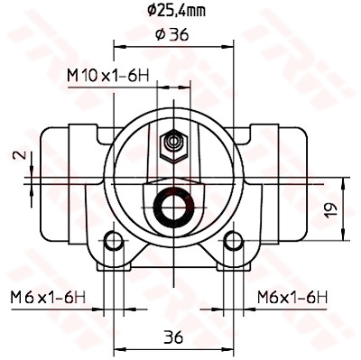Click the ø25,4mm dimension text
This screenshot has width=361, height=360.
coord(177,11)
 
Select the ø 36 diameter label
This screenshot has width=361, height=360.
coord(172,34)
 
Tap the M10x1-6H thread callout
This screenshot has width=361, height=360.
coord(108,76)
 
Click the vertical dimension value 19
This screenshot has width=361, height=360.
coord(330,210)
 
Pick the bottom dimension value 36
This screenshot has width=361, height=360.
coord(173,337)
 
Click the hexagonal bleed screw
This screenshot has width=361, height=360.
coord(174,146)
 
